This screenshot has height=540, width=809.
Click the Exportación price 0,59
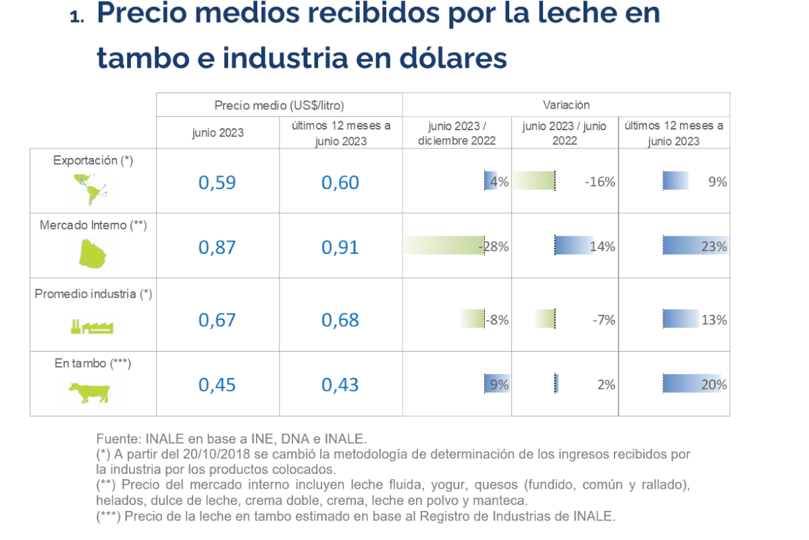(217, 183)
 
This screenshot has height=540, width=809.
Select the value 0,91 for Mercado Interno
(340, 247)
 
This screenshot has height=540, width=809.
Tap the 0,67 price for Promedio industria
(217, 320)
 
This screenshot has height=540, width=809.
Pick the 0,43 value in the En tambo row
(340, 385)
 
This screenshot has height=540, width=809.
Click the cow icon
(89, 391)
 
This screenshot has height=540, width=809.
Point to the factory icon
(93, 327)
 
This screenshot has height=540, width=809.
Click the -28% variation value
(494, 247)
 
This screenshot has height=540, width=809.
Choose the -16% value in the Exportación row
(600, 182)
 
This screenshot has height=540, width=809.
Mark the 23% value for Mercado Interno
(713, 247)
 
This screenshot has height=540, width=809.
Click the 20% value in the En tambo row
(713, 385)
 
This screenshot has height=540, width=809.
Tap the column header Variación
(566, 105)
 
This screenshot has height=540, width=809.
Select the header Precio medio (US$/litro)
(280, 105)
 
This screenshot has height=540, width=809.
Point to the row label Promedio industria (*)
(93, 294)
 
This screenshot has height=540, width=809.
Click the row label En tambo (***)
(93, 363)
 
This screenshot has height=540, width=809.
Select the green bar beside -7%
(544, 319)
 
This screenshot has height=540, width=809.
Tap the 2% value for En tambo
(606, 385)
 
